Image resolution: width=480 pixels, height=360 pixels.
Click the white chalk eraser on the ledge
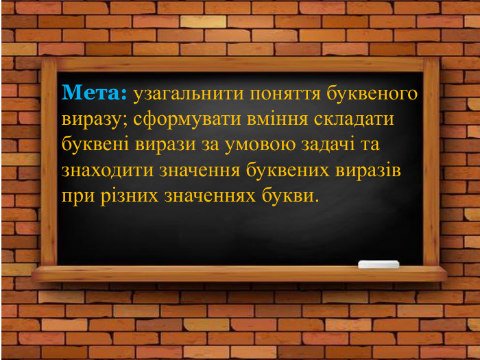[379, 264]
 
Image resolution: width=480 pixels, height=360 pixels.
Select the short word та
[370, 145]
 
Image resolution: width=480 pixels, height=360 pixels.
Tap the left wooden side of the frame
[49, 165]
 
